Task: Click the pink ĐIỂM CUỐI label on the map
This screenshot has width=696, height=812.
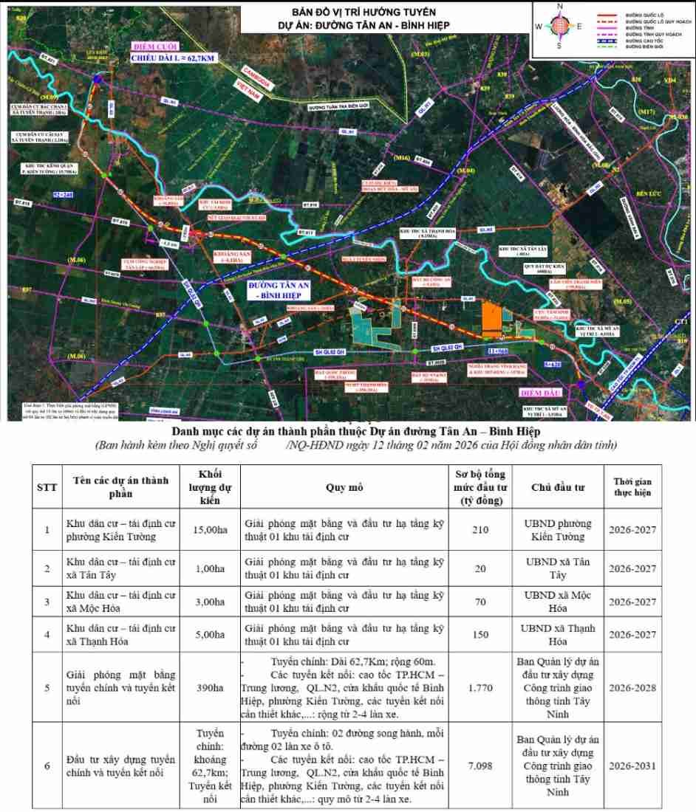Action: pos(150,44)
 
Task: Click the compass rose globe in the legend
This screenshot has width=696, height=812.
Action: pos(559,25)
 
